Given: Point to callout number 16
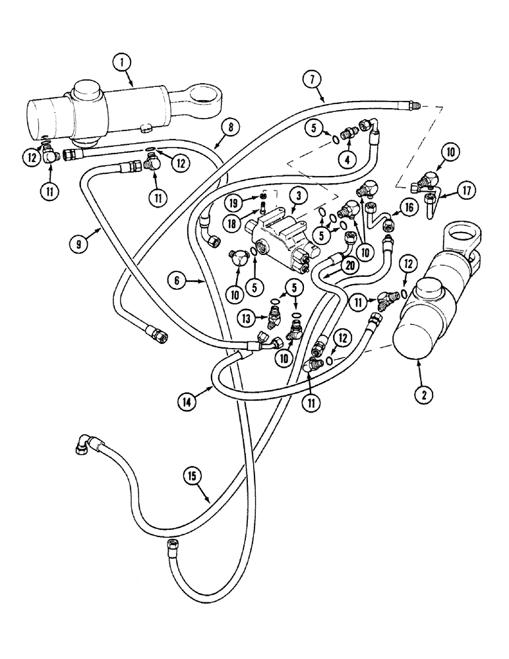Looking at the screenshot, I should pyautogui.click(x=406, y=210).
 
